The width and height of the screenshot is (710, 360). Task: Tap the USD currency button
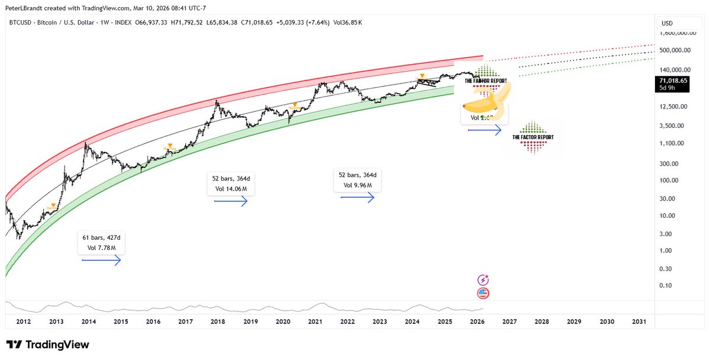pyautogui.click(x=667, y=23)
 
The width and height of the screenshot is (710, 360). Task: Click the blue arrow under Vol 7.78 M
pyautogui.click(x=101, y=261)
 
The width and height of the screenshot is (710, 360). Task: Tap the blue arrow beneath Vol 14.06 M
pyautogui.click(x=230, y=201)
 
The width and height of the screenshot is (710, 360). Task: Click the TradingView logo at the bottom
pyautogui.click(x=48, y=345)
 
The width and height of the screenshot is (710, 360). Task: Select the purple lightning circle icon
pyautogui.click(x=483, y=279)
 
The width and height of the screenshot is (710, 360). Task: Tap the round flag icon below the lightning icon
pyautogui.click(x=483, y=292)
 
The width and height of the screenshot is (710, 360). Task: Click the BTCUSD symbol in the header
pyautogui.click(x=20, y=23)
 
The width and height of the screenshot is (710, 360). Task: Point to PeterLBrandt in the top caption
pyautogui.click(x=23, y=6)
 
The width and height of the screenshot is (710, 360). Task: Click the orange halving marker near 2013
pyautogui.click(x=54, y=205)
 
